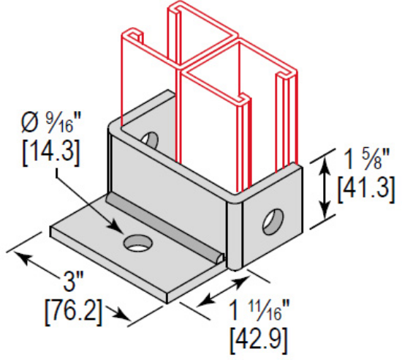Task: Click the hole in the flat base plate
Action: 137,242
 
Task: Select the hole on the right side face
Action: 273,222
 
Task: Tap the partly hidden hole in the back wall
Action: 151,140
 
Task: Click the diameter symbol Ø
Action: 30,124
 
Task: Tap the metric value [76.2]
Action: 74,312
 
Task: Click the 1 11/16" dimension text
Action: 259,311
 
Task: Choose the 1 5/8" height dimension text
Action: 367,160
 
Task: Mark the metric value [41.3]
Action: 366,190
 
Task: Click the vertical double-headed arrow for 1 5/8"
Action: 325,188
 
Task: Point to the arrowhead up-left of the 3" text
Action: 24,258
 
